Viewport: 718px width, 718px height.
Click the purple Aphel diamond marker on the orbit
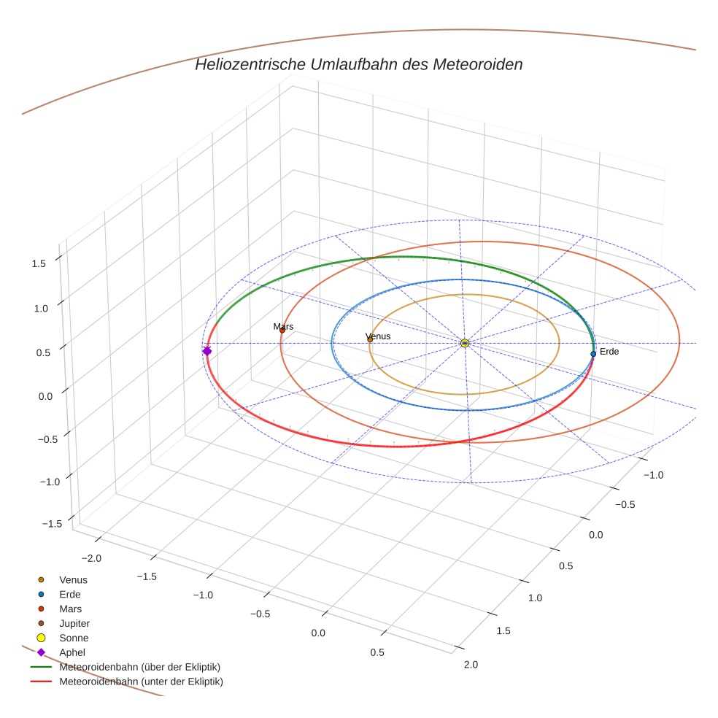pyautogui.click(x=207, y=351)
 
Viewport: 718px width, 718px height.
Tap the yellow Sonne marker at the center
pyautogui.click(x=465, y=343)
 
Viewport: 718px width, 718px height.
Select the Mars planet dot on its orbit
pyautogui.click(x=282, y=330)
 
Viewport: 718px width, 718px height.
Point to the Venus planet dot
pyautogui.click(x=370, y=339)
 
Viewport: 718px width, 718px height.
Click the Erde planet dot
pyautogui.click(x=593, y=354)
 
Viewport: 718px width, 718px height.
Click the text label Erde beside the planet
pyautogui.click(x=609, y=352)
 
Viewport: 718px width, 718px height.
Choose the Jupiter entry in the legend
pyautogui.click(x=74, y=623)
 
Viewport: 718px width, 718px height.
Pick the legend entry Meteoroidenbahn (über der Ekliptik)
pyautogui.click(x=139, y=667)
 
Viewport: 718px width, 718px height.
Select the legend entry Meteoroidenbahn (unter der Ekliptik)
pyautogui.click(x=141, y=682)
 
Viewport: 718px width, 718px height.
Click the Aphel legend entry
pyautogui.click(x=72, y=652)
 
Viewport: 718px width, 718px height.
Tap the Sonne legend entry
pyautogui.click(x=74, y=638)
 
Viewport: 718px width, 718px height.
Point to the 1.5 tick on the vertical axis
pyautogui.click(x=39, y=263)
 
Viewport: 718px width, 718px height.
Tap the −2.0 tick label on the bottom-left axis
pyautogui.click(x=91, y=558)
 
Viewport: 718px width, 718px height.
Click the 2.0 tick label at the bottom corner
pyautogui.click(x=471, y=664)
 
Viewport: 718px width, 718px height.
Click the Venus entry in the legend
pyautogui.click(x=73, y=579)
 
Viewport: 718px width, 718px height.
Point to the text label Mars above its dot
pyautogui.click(x=283, y=326)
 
